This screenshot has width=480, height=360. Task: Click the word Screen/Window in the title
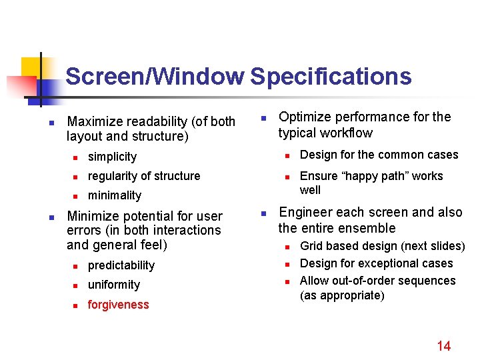(155, 77)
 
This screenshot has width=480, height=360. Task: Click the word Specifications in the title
(331, 77)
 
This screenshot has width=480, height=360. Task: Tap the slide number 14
(443, 345)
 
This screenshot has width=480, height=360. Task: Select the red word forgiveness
(118, 305)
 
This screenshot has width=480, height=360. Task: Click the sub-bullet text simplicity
(112, 157)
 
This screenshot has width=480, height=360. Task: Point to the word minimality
(115, 195)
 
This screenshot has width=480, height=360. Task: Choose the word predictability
(121, 265)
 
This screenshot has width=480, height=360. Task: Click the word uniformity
(114, 285)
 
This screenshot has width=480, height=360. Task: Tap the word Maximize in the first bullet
(95, 121)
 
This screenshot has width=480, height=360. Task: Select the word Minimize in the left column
(94, 216)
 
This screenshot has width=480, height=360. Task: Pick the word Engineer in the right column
(306, 213)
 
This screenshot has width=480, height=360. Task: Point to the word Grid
(311, 246)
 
